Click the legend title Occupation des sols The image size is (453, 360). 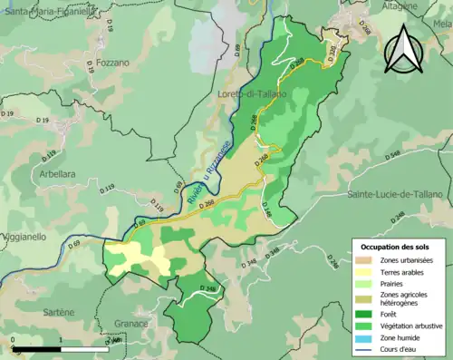(x=395, y=247)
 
